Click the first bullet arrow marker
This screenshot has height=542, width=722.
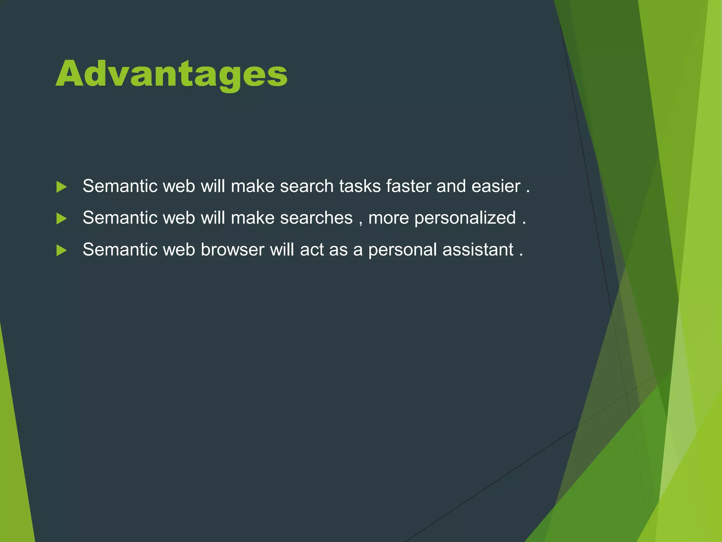tap(61, 187)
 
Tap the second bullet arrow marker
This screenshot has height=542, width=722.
tap(61, 218)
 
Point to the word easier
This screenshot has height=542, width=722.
tap(496, 186)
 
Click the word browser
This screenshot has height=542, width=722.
tap(232, 249)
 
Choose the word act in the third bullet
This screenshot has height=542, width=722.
tap(312, 249)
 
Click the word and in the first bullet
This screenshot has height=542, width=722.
tap(451, 186)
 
